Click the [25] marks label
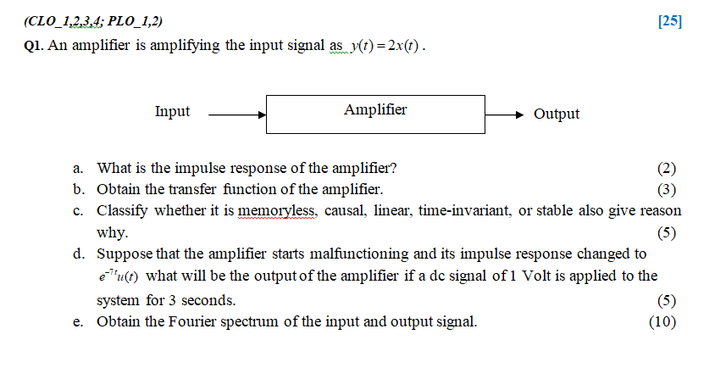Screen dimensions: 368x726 (669, 21)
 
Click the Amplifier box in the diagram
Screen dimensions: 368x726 (375, 113)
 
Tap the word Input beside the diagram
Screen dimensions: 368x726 (172, 112)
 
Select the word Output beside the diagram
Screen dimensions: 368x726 (557, 114)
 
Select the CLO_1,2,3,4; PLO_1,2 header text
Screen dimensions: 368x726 (92, 20)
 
